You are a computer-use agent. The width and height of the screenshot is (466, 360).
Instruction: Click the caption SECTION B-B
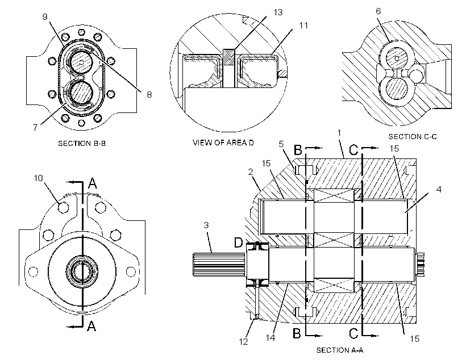[82, 144]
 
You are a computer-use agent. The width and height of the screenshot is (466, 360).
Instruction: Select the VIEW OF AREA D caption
[223, 143]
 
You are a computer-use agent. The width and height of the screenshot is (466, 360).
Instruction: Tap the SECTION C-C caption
[413, 137]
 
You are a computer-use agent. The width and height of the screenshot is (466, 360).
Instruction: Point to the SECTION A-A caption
[340, 350]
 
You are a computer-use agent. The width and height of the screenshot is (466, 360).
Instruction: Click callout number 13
[278, 12]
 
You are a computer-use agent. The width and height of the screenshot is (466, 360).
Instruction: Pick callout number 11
[303, 26]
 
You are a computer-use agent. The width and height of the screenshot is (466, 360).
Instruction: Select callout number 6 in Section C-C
[378, 11]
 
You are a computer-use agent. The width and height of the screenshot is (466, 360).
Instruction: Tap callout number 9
[45, 16]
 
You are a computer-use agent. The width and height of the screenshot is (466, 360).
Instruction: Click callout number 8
[149, 94]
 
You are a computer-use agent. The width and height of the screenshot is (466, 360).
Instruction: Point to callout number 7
[35, 127]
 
